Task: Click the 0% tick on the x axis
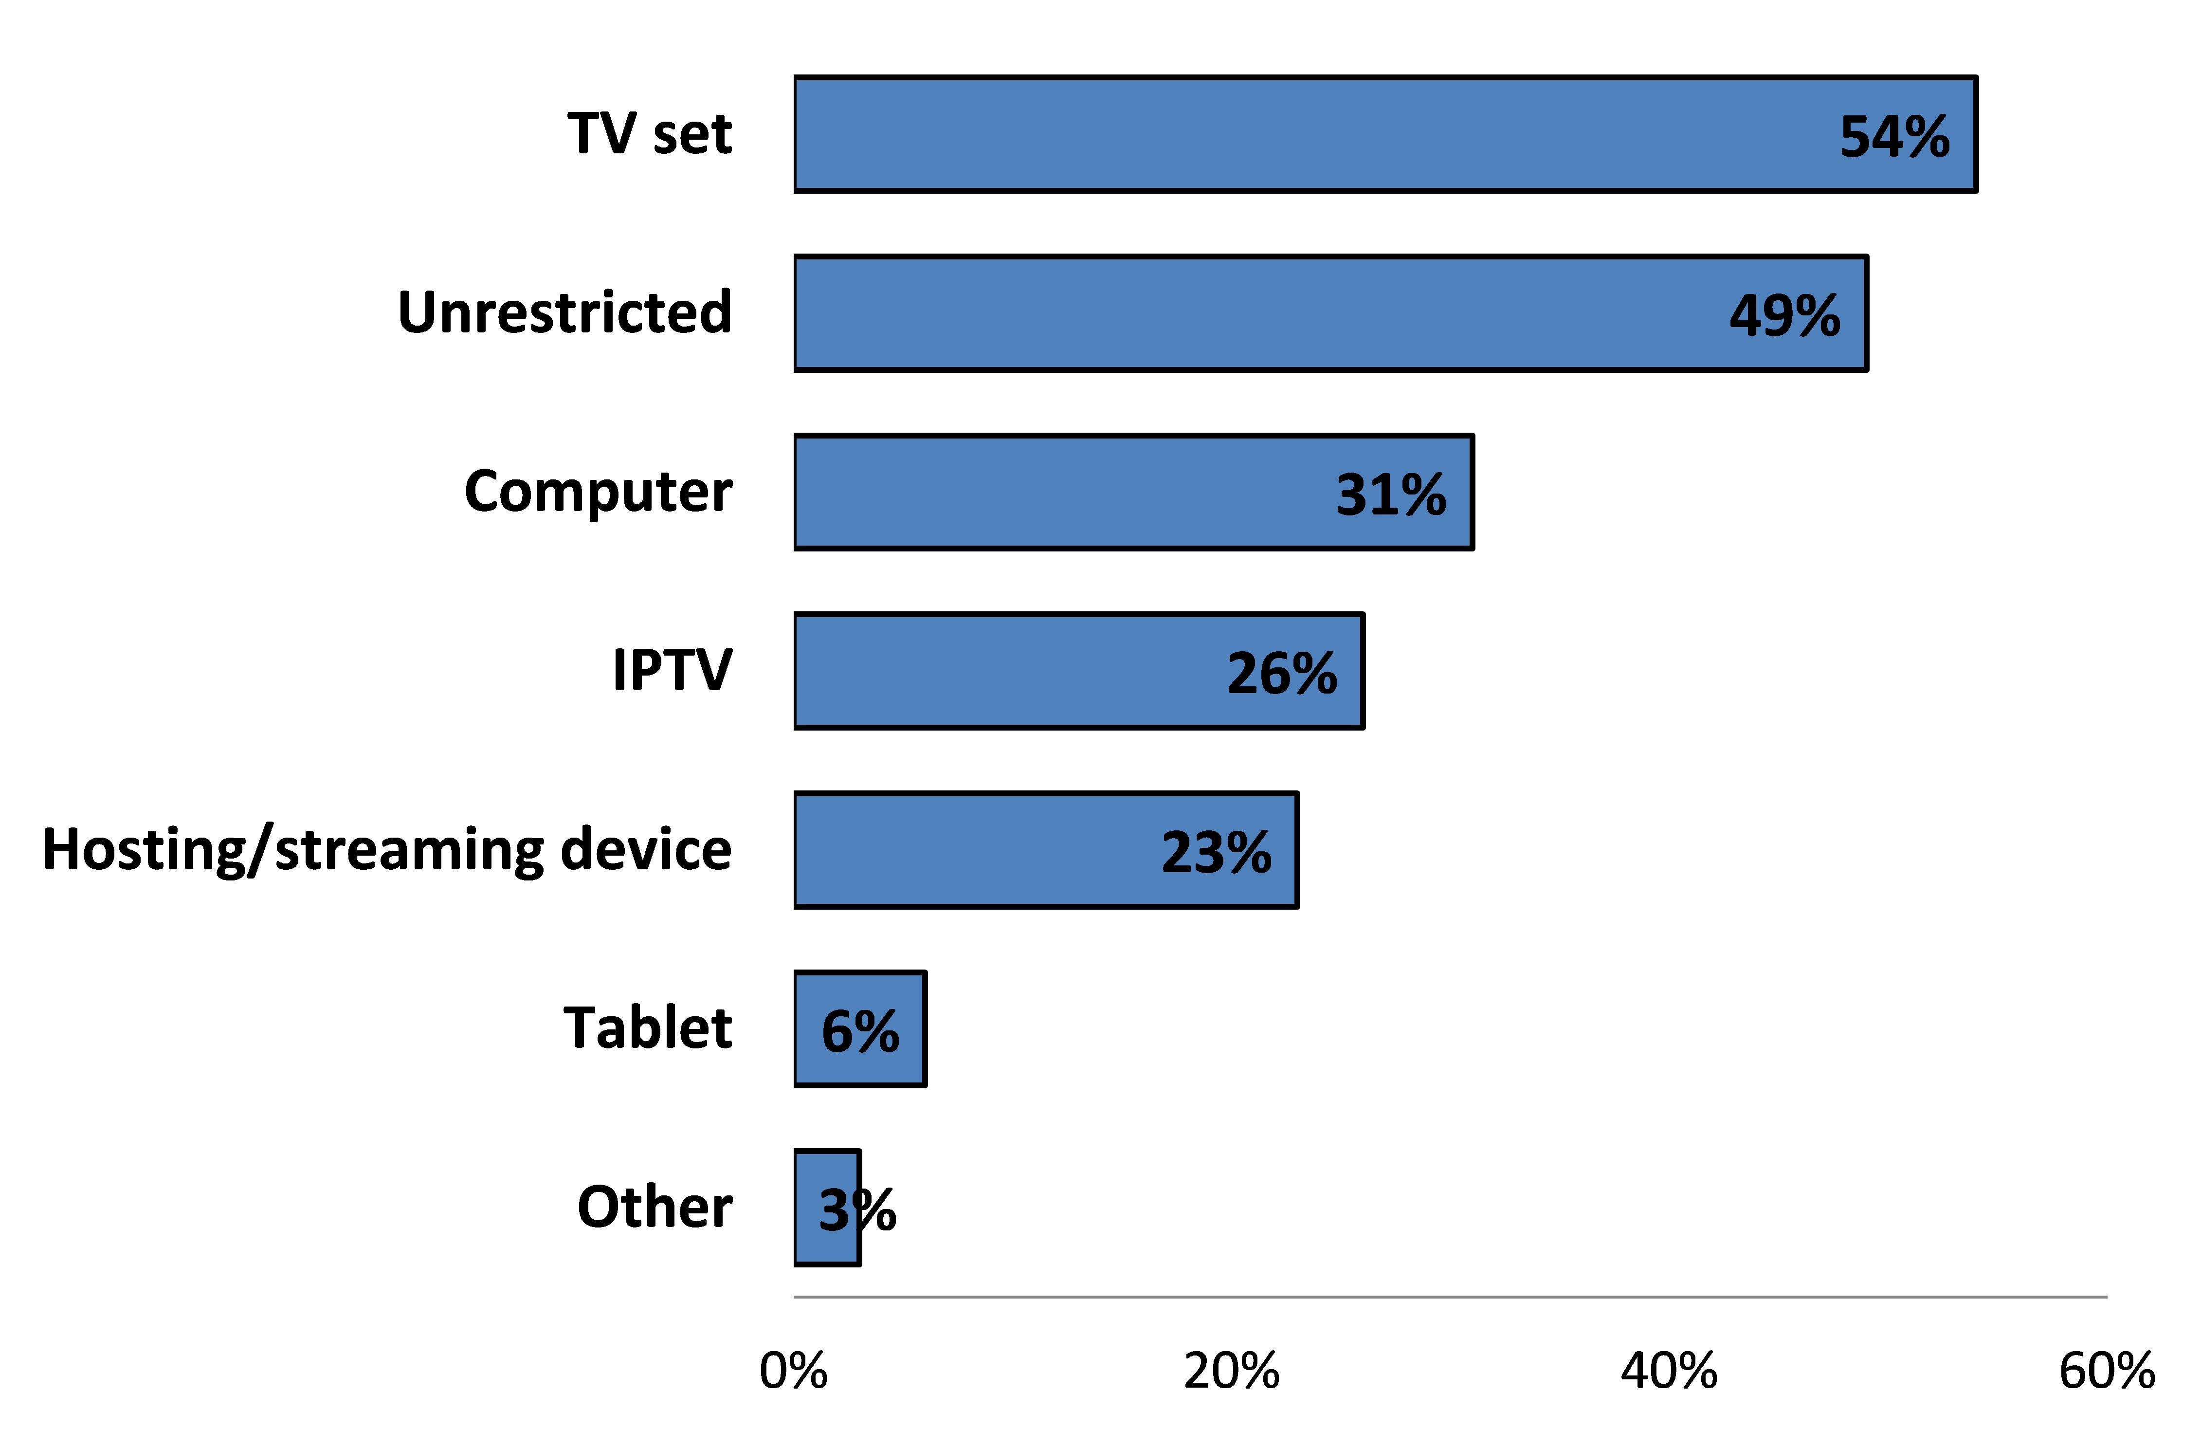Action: tap(793, 1371)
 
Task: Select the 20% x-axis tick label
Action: tap(1231, 1371)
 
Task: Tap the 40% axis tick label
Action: tap(1668, 1371)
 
